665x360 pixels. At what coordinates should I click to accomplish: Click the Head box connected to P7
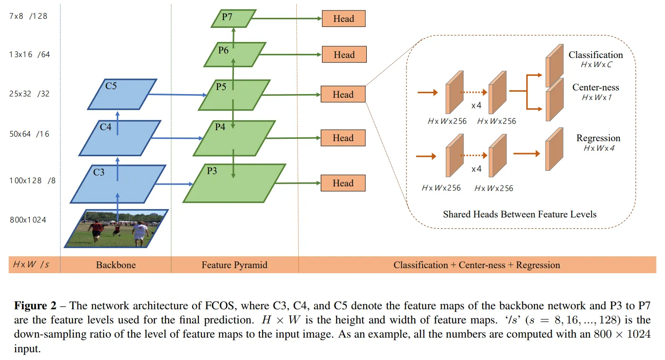(x=343, y=19)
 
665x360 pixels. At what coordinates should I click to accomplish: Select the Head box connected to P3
(x=343, y=183)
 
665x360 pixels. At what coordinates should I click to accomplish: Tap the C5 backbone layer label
(x=111, y=85)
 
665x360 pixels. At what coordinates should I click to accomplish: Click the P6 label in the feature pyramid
(x=223, y=50)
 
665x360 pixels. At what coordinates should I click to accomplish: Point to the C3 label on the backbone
(x=99, y=172)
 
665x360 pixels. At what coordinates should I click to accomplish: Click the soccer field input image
(x=117, y=228)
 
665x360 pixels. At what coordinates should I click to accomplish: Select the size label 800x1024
(x=28, y=220)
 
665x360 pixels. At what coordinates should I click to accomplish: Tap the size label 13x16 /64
(x=30, y=55)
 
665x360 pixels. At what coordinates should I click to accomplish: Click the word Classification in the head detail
(x=596, y=55)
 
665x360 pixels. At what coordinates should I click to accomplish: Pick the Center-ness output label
(x=596, y=87)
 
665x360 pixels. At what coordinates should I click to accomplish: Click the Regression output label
(x=598, y=138)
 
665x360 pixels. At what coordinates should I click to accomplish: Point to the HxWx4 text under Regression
(x=599, y=148)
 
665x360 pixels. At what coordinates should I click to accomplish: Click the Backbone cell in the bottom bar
(x=116, y=265)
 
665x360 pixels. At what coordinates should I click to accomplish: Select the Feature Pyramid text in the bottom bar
(x=234, y=265)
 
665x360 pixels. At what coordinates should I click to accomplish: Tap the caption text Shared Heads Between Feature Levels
(x=520, y=214)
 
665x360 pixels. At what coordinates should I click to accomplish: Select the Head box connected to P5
(x=343, y=95)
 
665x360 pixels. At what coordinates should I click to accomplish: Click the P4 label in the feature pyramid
(x=220, y=127)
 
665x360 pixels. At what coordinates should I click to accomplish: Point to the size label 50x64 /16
(x=30, y=134)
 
